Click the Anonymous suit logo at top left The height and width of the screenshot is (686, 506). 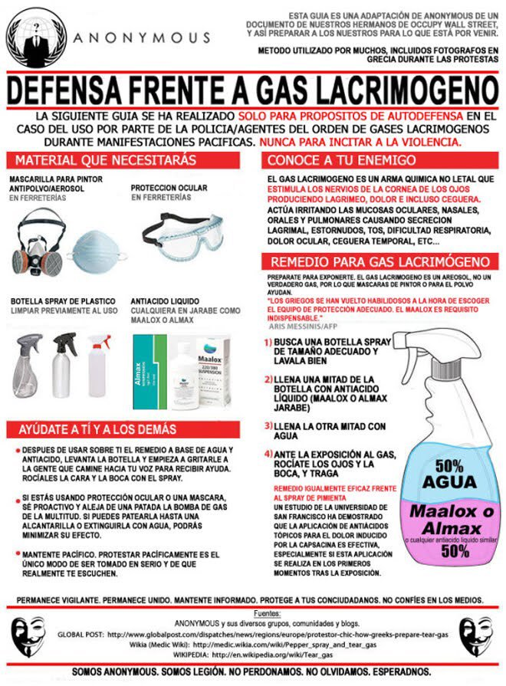(33, 34)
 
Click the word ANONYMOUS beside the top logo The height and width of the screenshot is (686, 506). (142, 37)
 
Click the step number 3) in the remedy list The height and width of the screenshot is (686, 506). (268, 426)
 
